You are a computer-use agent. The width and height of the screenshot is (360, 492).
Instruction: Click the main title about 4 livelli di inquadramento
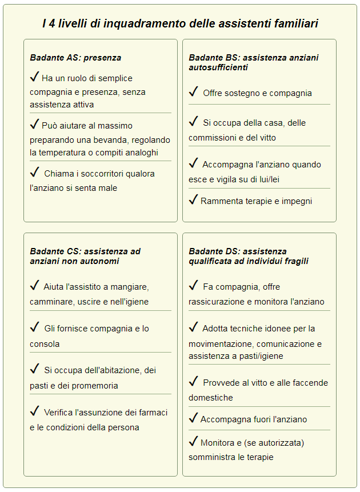[x=180, y=23]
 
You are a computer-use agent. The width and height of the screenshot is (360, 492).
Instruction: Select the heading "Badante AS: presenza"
[x=75, y=58]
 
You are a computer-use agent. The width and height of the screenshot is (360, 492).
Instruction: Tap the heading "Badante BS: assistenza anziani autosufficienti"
[x=253, y=62]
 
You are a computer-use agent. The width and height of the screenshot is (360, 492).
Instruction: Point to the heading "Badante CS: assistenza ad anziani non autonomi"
[x=85, y=256]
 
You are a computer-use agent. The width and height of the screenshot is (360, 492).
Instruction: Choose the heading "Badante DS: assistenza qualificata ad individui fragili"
[x=249, y=256]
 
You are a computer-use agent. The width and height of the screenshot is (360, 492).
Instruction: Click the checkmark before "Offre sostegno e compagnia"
[x=194, y=91]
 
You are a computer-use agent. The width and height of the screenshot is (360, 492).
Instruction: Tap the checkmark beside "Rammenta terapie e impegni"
[x=193, y=199]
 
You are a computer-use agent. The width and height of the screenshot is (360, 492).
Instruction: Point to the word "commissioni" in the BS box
[x=211, y=138]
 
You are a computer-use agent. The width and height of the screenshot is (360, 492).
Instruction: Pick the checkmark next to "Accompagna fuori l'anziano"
[x=193, y=418]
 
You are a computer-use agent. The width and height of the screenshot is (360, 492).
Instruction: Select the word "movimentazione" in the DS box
[x=221, y=344]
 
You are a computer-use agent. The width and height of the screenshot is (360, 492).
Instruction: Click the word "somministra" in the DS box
[x=212, y=457]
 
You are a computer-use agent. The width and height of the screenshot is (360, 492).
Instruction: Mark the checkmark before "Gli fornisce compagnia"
[x=34, y=327]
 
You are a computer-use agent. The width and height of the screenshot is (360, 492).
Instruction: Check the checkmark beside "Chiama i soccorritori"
[x=34, y=172]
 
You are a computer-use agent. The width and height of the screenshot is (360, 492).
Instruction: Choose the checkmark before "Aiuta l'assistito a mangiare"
[x=34, y=285]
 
